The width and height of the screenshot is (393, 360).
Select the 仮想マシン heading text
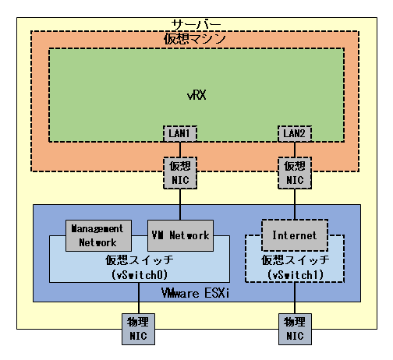tap(195, 39)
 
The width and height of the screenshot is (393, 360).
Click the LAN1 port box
tap(180, 133)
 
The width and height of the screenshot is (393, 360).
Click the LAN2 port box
tap(295, 133)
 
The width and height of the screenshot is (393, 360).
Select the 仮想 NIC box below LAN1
tap(180, 172)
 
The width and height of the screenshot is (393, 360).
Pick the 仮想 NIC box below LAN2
tap(295, 172)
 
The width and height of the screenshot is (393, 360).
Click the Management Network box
tap(97, 235)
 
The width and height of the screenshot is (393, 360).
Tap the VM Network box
tap(179, 235)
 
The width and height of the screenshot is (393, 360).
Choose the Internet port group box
tap(295, 235)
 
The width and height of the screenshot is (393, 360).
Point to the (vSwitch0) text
tap(140, 275)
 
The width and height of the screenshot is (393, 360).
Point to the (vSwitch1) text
tap(295, 275)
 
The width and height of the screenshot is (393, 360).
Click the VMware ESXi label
tap(196, 294)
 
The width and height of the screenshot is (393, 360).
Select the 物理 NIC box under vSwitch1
tap(295, 328)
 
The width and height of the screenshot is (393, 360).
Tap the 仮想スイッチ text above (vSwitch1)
tap(295, 260)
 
